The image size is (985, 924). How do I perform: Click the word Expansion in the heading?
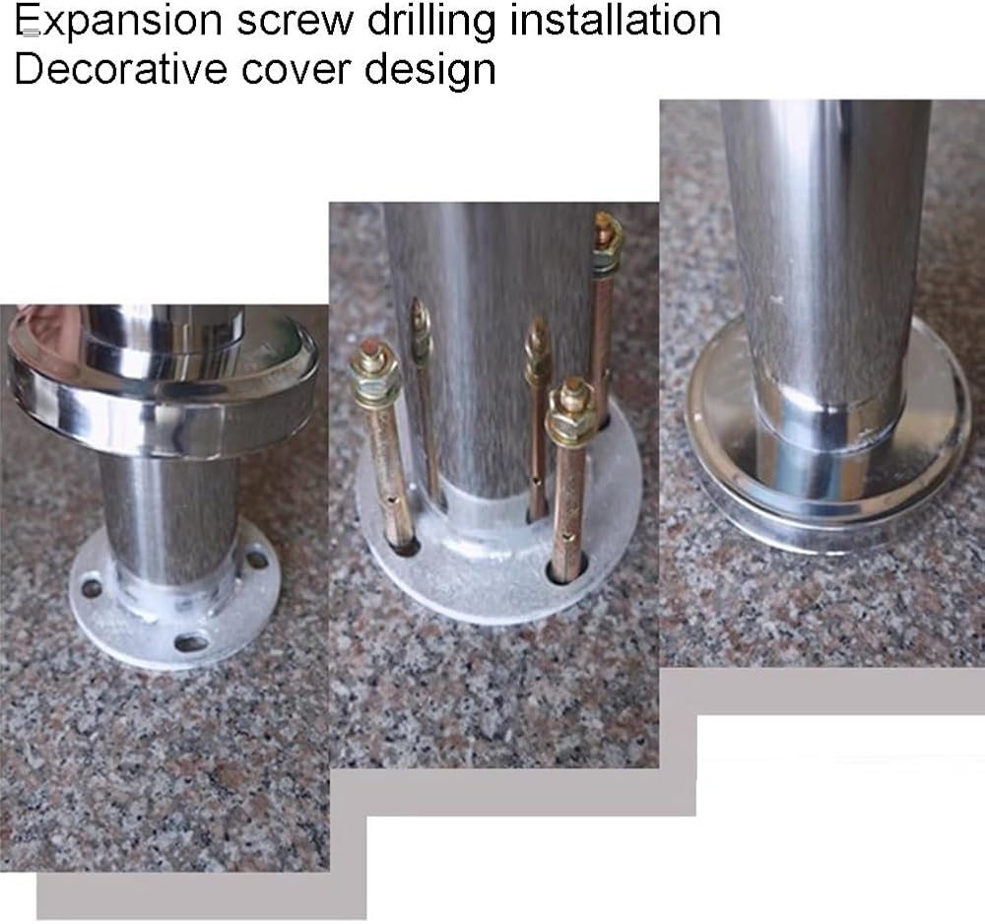[118, 22]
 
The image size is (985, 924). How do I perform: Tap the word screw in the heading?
[295, 21]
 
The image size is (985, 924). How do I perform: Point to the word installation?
[616, 20]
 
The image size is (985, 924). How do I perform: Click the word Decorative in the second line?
[120, 69]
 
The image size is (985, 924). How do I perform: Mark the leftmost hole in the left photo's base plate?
[92, 589]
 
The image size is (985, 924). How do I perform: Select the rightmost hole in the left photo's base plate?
[257, 558]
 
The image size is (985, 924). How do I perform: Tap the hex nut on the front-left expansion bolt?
[375, 375]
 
